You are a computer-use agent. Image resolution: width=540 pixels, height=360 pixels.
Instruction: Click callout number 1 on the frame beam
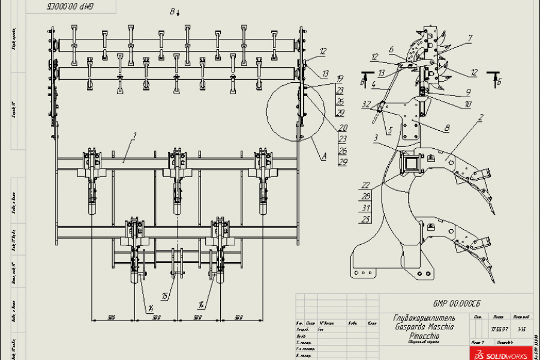click(134, 136)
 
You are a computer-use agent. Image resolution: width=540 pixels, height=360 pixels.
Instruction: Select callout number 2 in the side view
click(481, 118)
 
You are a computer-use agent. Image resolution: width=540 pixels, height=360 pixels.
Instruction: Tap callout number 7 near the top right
click(470, 38)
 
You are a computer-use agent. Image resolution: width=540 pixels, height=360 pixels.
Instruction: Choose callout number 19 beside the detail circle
click(340, 79)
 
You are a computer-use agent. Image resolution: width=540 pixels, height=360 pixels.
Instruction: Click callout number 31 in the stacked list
click(365, 208)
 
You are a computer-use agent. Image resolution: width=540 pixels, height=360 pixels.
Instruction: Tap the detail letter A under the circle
click(324, 156)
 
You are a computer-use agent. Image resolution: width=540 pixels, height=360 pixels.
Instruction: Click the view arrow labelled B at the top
click(173, 11)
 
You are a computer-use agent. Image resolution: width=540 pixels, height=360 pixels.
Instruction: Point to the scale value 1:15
click(520, 328)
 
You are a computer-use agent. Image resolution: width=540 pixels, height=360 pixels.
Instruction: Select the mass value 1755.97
click(499, 328)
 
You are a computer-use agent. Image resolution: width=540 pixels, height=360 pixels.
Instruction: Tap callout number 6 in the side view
click(391, 50)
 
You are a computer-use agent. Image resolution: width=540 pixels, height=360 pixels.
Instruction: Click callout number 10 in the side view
click(467, 104)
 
